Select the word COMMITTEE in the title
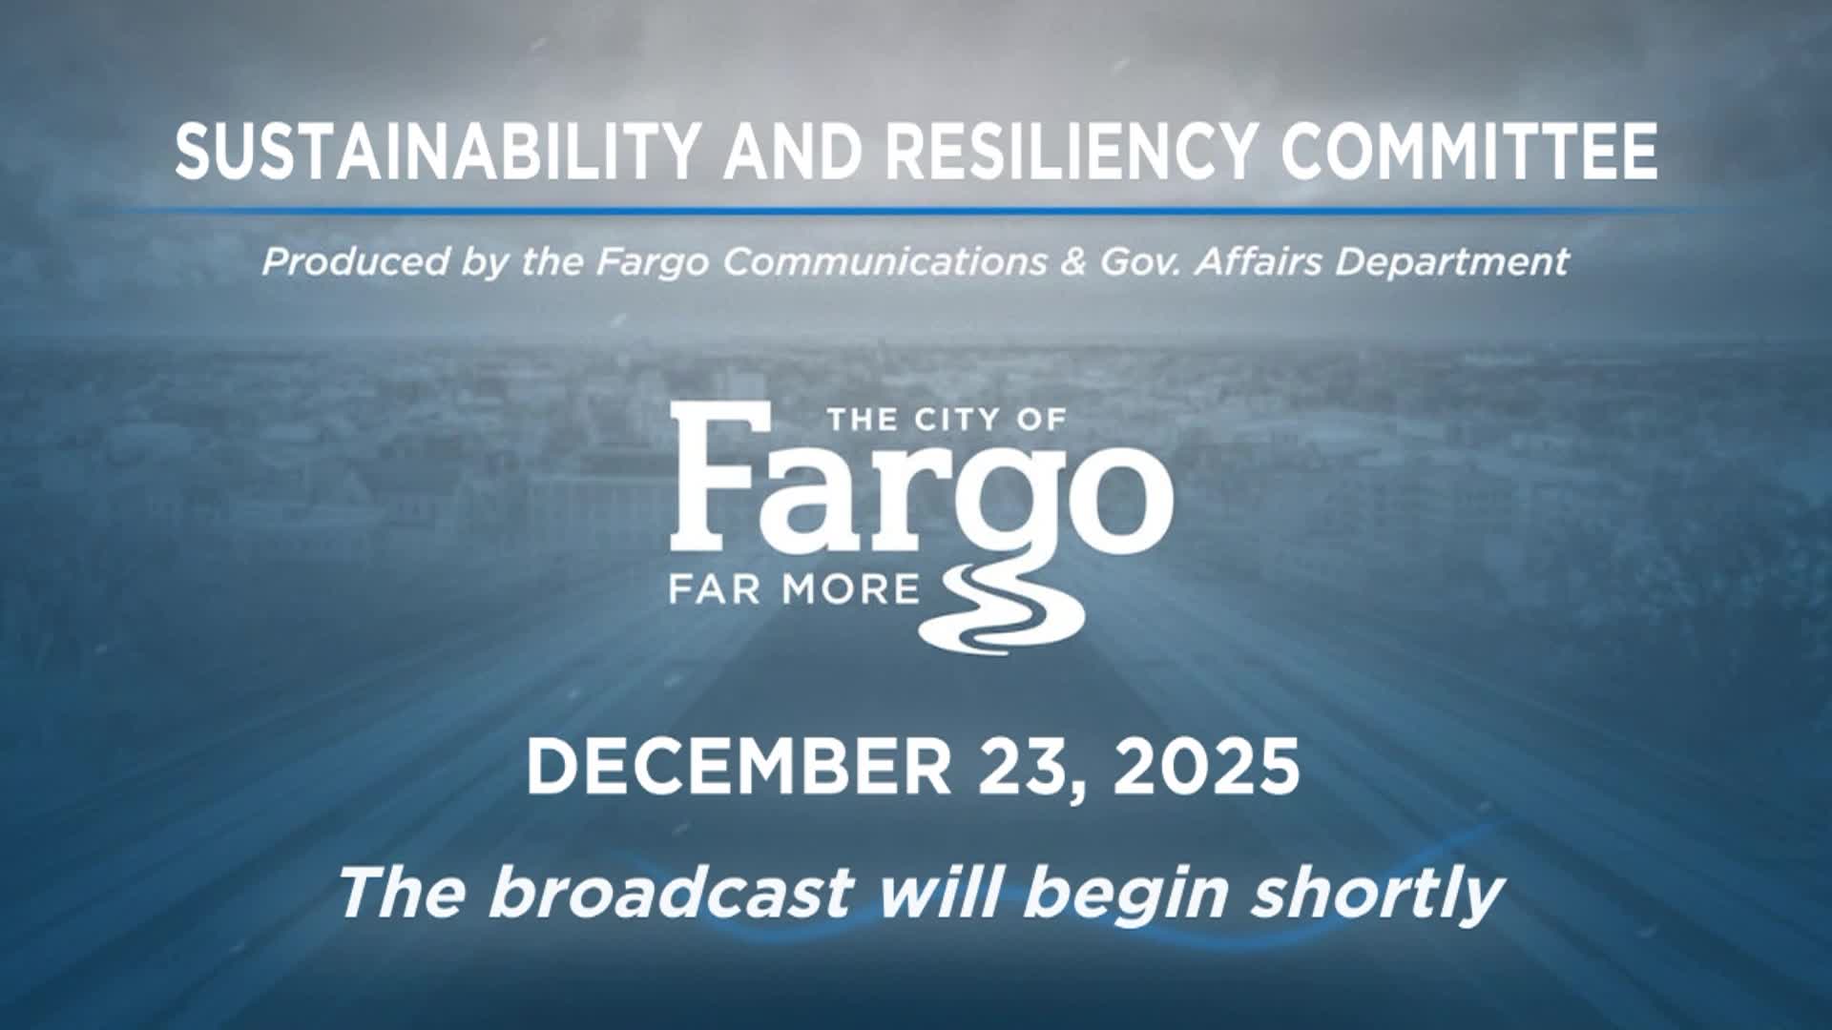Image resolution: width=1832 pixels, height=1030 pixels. point(1468,151)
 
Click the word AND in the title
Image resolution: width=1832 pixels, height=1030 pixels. point(791,151)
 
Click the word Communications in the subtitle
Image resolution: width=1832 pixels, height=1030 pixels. point(884,261)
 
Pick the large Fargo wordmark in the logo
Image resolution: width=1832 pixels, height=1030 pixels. point(921,491)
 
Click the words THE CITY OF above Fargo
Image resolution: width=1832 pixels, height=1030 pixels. point(946,420)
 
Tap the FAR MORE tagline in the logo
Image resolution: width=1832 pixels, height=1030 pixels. point(793,589)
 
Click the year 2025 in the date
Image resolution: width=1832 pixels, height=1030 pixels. point(1206,768)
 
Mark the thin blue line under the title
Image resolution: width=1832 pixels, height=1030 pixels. point(916,209)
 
